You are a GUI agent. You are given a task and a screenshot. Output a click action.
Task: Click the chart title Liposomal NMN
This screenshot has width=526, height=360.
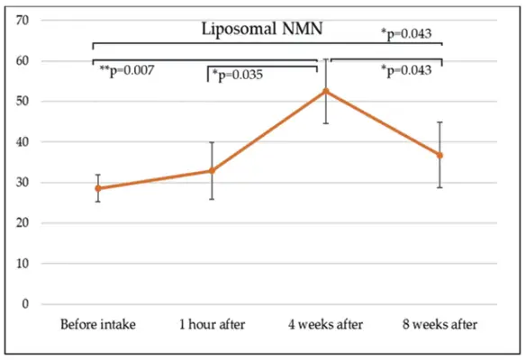[x=261, y=30]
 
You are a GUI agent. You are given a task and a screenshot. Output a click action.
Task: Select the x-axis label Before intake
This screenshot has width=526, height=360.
[x=97, y=324]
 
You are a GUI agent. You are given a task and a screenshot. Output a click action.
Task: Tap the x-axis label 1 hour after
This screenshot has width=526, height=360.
[x=212, y=324]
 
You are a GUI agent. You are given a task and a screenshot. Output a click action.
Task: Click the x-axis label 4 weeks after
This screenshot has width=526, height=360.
[x=326, y=324]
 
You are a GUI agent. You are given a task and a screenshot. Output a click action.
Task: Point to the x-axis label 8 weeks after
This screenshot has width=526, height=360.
[x=440, y=324]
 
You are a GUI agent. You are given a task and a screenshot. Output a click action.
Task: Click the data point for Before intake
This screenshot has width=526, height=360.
[x=97, y=188]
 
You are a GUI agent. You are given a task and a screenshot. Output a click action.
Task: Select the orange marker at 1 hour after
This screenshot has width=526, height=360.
[x=212, y=170]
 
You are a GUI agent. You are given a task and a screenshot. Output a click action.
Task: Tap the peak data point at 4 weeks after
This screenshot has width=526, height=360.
[x=326, y=91]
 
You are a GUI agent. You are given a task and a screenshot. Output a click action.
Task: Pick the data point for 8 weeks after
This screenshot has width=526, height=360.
[x=440, y=155]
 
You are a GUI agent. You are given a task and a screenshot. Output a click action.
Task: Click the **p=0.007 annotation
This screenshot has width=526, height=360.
[x=126, y=70]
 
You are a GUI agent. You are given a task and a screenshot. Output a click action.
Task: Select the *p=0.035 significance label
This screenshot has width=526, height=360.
[x=238, y=75]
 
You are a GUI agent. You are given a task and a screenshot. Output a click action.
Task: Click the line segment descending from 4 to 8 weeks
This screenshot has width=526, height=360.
[x=383, y=122]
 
